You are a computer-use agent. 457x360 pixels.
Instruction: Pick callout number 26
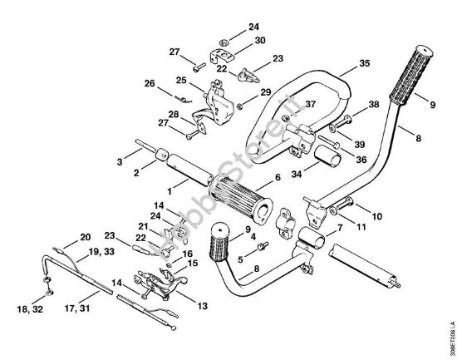(x=150, y=82)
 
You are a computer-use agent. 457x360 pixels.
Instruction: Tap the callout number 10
(x=376, y=216)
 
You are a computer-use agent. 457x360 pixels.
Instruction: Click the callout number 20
(x=85, y=236)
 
